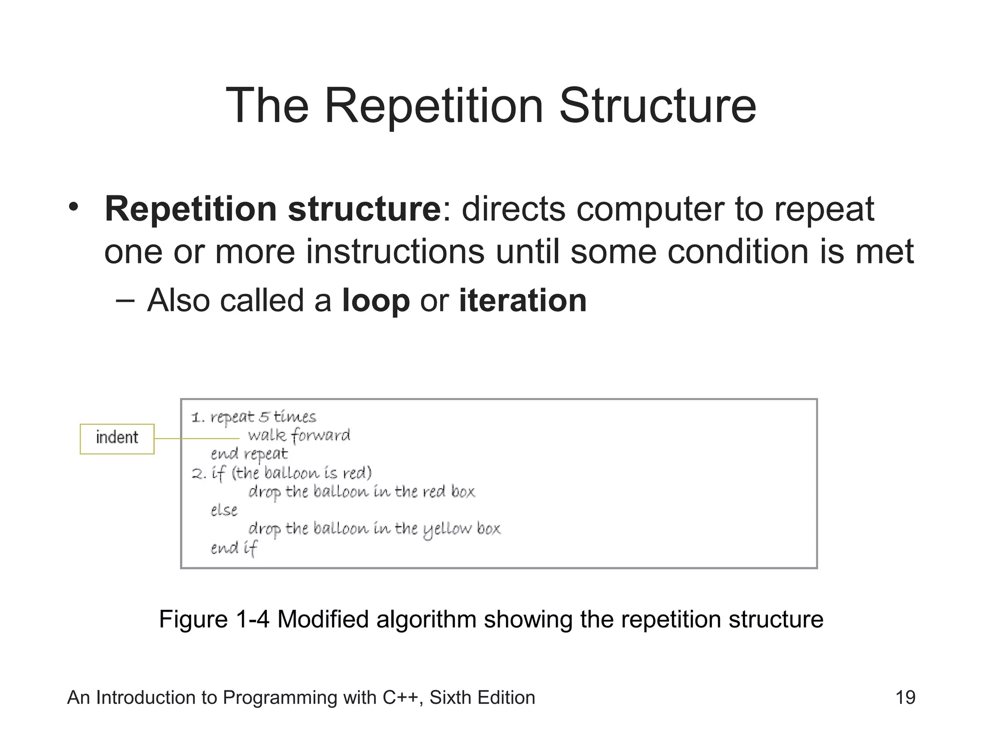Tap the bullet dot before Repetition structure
(x=73, y=207)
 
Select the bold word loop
(x=376, y=301)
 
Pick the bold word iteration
(x=523, y=301)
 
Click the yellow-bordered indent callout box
(x=117, y=439)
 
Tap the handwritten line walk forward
(x=299, y=435)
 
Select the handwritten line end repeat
(x=249, y=454)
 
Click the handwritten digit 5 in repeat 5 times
(x=264, y=416)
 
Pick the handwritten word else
(x=224, y=510)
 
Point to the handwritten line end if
(x=234, y=548)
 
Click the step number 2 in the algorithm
(x=197, y=474)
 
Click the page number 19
(x=905, y=697)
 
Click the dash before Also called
(x=125, y=301)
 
